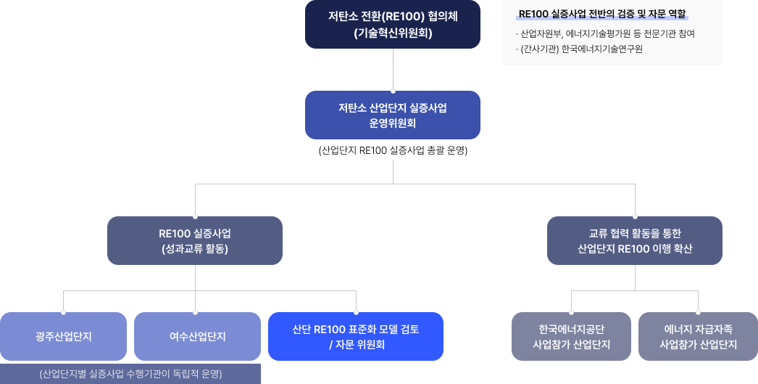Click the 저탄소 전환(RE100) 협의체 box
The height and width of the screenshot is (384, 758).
pyautogui.click(x=392, y=25)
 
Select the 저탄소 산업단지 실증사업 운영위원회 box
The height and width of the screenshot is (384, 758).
pyautogui.click(x=392, y=115)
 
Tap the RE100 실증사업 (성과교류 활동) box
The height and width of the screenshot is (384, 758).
pyautogui.click(x=195, y=240)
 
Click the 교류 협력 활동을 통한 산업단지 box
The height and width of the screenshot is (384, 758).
pyautogui.click(x=635, y=240)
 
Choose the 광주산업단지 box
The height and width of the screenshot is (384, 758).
pyautogui.click(x=63, y=337)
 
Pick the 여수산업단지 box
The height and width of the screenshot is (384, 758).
pyautogui.click(x=197, y=337)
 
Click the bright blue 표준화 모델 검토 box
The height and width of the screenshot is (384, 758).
pyautogui.click(x=356, y=337)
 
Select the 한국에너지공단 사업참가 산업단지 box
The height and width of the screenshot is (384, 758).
pyautogui.click(x=572, y=337)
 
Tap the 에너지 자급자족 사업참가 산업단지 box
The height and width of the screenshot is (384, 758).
pyautogui.click(x=698, y=337)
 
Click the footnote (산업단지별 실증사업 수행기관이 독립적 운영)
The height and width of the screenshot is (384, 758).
pyautogui.click(x=130, y=375)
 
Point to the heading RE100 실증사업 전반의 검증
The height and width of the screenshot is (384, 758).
pyautogui.click(x=602, y=14)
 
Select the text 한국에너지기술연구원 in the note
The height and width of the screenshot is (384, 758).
pyautogui.click(x=602, y=49)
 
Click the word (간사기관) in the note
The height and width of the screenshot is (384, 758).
pyautogui.click(x=538, y=49)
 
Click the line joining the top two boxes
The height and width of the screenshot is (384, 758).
pyautogui.click(x=392, y=70)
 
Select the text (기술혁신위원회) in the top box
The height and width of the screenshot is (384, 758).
pyautogui.click(x=392, y=33)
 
